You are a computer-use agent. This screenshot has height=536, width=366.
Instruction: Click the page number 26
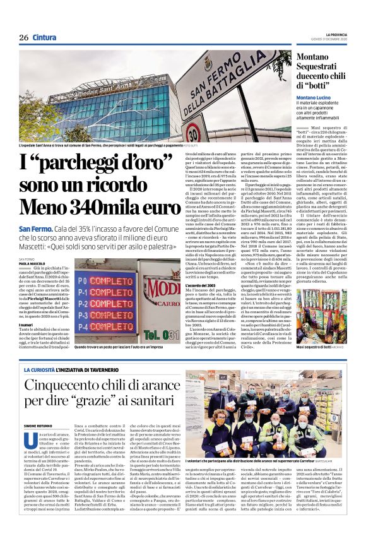coord(23,37)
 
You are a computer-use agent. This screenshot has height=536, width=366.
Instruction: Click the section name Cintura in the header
coord(45,37)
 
